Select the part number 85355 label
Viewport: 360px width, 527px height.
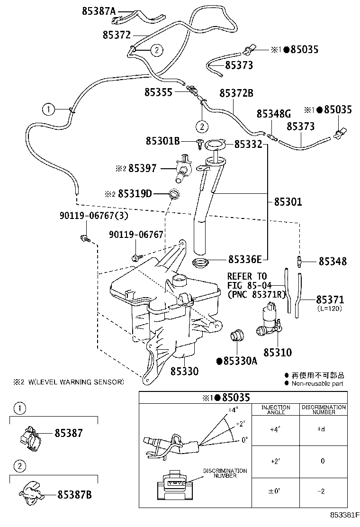point(158,93)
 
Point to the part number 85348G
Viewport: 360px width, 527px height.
point(273,114)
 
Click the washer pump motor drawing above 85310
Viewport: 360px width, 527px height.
point(268,322)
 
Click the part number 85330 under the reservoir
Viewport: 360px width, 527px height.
point(184,371)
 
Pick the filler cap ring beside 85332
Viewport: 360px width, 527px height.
point(215,144)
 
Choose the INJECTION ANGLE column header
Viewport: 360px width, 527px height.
point(276,409)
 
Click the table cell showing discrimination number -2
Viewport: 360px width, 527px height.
point(323,491)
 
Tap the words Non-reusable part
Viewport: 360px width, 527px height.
point(317,383)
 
